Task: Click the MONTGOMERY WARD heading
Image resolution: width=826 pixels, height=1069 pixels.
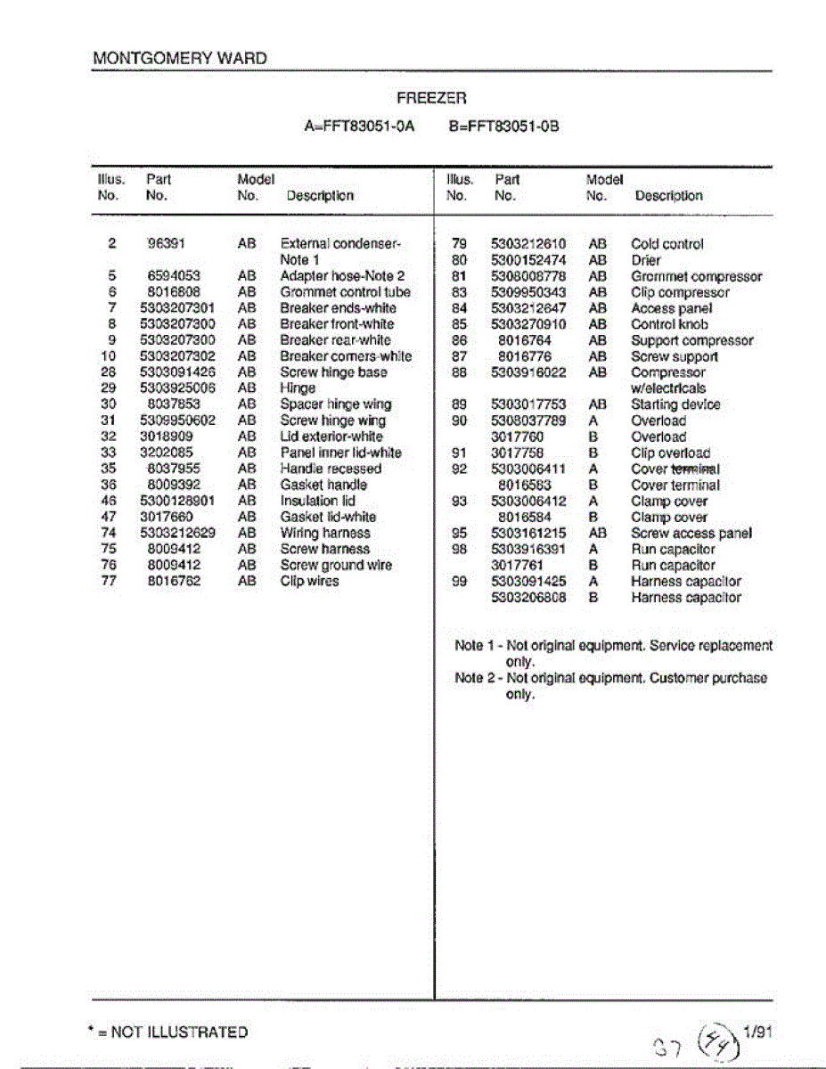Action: pos(179,59)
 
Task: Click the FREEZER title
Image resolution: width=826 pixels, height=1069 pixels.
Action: pos(431,97)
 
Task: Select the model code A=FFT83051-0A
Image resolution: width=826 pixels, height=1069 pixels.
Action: pos(360,126)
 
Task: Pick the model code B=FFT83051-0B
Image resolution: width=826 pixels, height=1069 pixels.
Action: pos(504,126)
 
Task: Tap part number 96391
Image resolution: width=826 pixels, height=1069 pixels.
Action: pos(166,243)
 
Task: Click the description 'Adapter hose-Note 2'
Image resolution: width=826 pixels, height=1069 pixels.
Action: pos(342,276)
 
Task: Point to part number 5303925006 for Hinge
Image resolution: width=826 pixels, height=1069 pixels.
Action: pos(177,388)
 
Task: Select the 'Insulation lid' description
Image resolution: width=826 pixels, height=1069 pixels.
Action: pos(317,501)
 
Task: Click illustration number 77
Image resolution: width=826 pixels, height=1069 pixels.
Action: pos(110,581)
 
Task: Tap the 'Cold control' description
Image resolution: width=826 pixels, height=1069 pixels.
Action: pos(667,244)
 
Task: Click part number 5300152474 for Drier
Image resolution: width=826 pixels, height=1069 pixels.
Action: pos(528,260)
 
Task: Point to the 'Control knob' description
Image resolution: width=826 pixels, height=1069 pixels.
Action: pos(669,324)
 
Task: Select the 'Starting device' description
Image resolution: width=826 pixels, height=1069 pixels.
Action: pos(675,404)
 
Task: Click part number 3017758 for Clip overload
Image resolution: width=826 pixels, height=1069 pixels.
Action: pos(517,453)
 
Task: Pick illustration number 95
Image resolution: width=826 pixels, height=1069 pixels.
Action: pos(459,533)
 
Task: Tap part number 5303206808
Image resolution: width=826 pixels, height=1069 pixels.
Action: pos(528,598)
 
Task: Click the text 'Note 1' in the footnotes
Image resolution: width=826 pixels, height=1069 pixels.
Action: pos(469,646)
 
